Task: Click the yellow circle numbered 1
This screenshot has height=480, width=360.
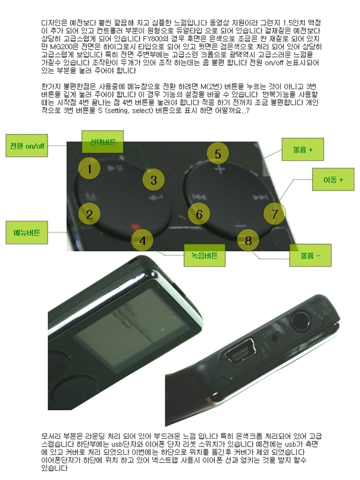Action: click(89, 169)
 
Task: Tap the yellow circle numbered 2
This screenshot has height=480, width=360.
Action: click(89, 214)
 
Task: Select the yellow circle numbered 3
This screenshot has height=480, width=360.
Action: click(153, 180)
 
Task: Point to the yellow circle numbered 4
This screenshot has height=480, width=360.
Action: click(142, 240)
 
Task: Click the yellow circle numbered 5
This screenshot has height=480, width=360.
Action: click(218, 154)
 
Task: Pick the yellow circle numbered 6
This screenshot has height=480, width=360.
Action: click(199, 214)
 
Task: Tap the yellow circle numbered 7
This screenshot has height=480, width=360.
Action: click(275, 214)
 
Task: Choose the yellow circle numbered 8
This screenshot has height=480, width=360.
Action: click(248, 240)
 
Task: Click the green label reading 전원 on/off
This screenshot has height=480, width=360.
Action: click(27, 146)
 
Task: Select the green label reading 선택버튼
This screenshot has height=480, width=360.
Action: click(102, 141)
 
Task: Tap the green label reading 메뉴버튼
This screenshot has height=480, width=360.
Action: click(27, 233)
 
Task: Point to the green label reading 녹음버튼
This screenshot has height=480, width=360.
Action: click(205, 255)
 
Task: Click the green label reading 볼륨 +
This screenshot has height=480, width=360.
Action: click(303, 149)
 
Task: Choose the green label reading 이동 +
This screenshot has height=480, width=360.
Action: click(333, 180)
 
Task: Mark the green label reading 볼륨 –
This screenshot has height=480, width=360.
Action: click(311, 255)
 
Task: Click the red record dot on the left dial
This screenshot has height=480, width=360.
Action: click(134, 227)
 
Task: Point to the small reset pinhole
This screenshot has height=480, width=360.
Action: click(275, 339)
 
